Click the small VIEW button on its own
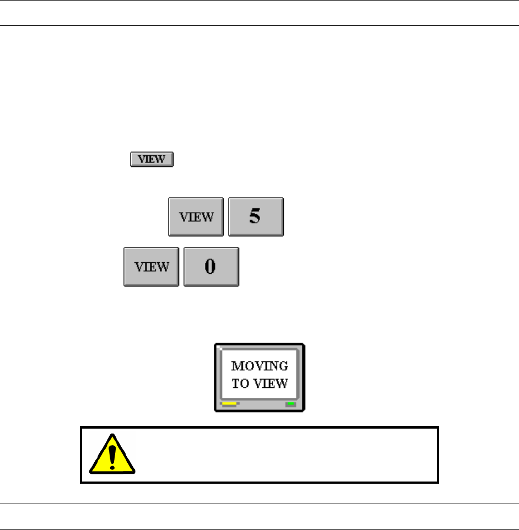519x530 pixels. [x=152, y=160]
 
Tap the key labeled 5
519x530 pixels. [x=256, y=217]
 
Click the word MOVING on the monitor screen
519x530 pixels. [x=259, y=366]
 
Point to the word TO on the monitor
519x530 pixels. [x=241, y=383]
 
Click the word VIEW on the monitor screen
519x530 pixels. [x=270, y=383]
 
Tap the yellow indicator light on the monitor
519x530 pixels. [x=229, y=404]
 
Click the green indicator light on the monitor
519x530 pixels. [x=290, y=404]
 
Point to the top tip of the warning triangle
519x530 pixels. [x=113, y=435]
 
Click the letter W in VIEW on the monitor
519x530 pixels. [x=282, y=383]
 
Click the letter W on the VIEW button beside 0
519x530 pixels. [x=164, y=267]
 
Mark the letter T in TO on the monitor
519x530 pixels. [x=236, y=383]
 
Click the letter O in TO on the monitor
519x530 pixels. [x=245, y=383]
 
